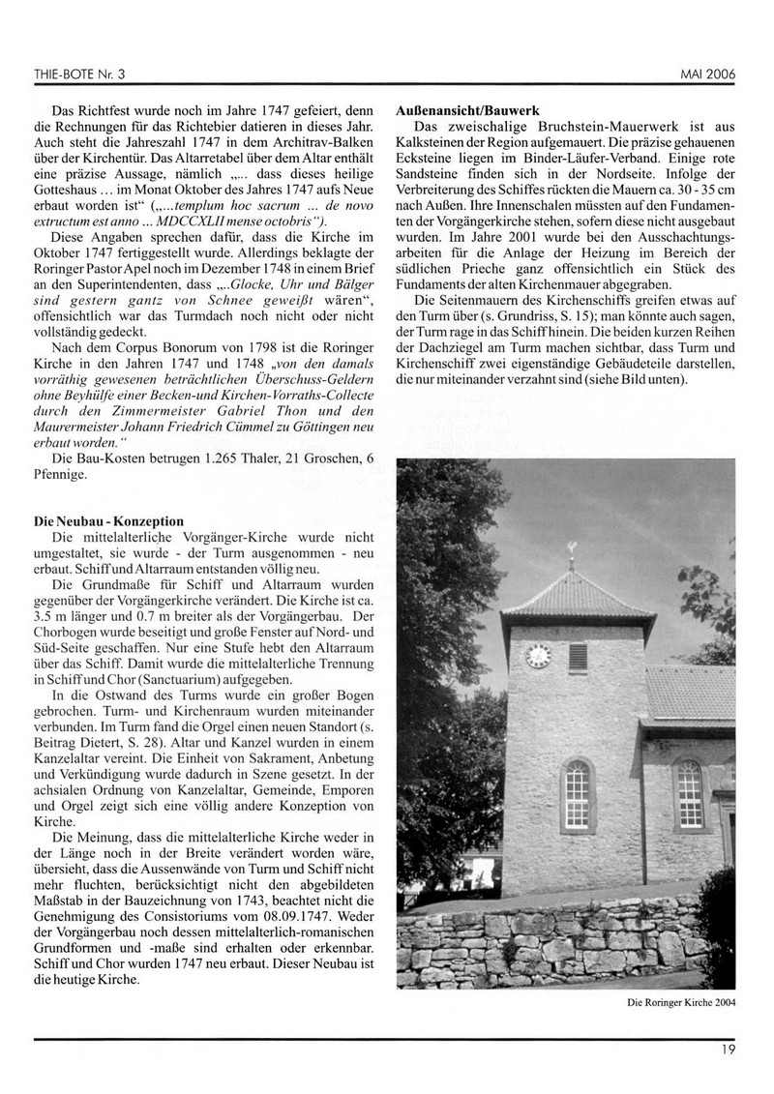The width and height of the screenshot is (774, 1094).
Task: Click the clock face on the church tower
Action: click(538, 658)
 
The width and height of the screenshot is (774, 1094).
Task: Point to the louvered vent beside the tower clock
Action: click(578, 658)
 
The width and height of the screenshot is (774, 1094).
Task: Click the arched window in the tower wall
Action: click(578, 792)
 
